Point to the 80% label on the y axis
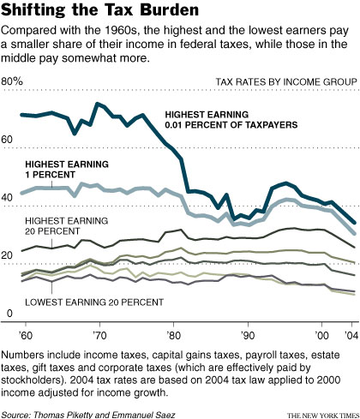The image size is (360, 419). coord(14,81)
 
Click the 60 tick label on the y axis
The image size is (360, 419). coord(9,140)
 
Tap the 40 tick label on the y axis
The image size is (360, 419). coord(9,198)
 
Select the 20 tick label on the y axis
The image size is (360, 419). coord(9,256)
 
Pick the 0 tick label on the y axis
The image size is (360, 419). coord(7,314)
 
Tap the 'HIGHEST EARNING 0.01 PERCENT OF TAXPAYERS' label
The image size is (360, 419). coord(231,119)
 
